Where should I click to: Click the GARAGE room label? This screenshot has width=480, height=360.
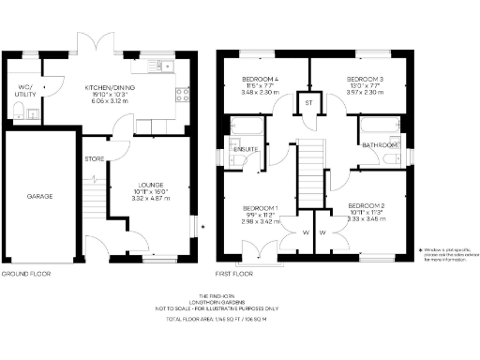point(38,197)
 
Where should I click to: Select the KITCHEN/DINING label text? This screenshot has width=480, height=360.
point(105,83)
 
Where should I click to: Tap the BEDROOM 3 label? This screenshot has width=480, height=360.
point(363,79)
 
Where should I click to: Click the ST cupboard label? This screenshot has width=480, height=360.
point(307,99)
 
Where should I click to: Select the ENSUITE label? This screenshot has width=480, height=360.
point(246,149)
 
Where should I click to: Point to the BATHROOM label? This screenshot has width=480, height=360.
point(381,145)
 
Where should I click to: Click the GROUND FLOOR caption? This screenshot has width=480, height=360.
point(25,274)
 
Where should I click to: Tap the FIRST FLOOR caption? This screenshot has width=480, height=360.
point(235,274)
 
